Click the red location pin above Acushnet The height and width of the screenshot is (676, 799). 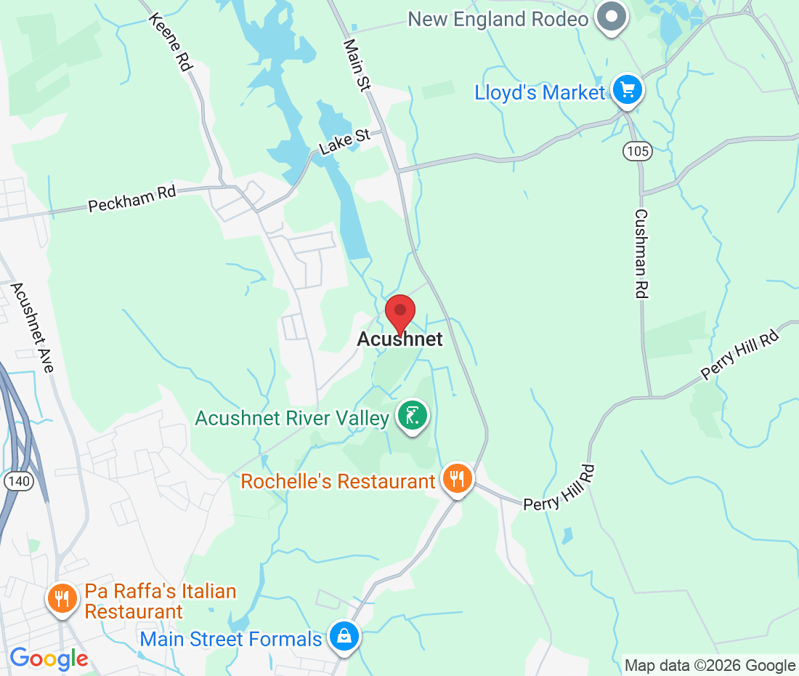tap(399, 313)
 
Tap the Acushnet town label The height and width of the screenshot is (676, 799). tap(399, 339)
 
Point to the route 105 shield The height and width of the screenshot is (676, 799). tap(637, 151)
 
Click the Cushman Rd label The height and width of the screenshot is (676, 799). tap(641, 254)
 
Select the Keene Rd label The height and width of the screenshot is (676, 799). tap(171, 41)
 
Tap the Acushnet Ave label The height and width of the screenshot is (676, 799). tap(33, 327)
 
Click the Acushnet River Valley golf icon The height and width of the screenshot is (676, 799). tap(413, 417)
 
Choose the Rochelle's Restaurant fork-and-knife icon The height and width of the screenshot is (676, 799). tap(457, 479)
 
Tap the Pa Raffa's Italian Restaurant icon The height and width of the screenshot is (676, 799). tap(62, 599)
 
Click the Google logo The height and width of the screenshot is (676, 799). tap(48, 659)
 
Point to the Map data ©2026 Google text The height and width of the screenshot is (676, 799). tap(710, 665)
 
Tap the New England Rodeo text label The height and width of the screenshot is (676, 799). tap(498, 19)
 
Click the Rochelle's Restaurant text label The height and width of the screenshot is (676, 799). tap(338, 481)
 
